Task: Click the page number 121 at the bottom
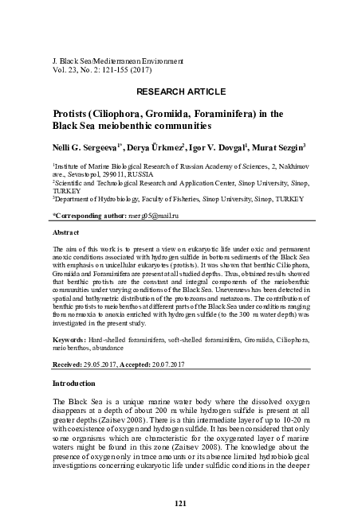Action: pos(180,503)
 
